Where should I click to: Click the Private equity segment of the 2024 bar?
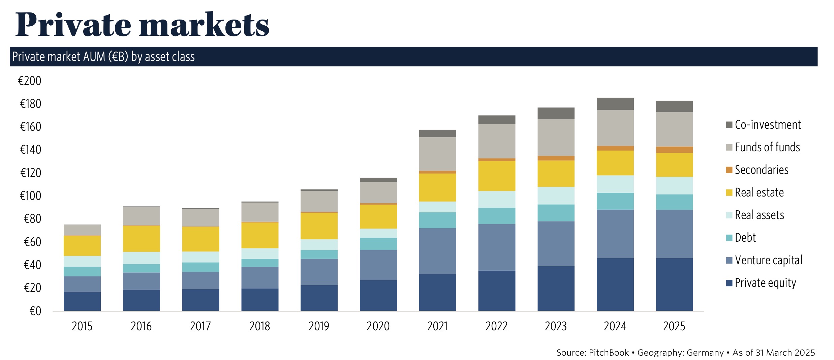coord(615,284)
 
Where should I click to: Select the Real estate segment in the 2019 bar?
coord(319,226)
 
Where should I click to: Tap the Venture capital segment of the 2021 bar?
coord(437,251)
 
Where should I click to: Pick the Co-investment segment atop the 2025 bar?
coord(674,106)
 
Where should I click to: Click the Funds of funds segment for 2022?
coord(497,141)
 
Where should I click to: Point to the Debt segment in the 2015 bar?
coord(82,271)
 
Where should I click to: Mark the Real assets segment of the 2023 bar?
coord(556,196)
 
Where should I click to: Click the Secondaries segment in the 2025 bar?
coord(674,150)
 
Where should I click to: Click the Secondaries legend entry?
coord(761,170)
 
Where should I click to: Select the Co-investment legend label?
coord(767,125)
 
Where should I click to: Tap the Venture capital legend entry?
coord(768,260)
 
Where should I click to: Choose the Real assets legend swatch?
coord(729,215)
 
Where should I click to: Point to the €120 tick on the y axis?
coord(31,173)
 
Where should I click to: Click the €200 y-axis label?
coord(30,81)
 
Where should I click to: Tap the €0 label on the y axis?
coord(35,311)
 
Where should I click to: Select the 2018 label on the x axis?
coord(259,326)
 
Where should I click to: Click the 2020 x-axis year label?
coord(378,326)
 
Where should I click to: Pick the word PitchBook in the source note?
coord(609,353)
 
